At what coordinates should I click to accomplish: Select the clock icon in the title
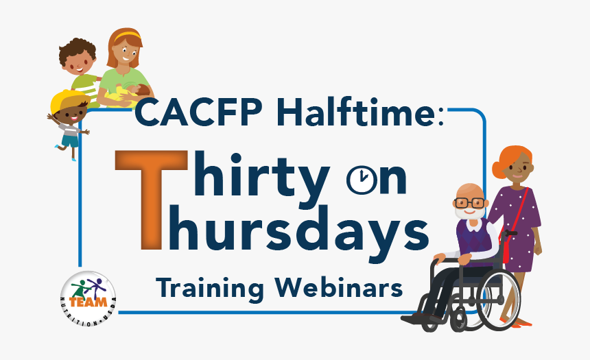tap(359, 180)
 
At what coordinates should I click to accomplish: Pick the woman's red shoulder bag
tap(508, 250)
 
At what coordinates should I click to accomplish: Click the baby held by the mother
tap(141, 93)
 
